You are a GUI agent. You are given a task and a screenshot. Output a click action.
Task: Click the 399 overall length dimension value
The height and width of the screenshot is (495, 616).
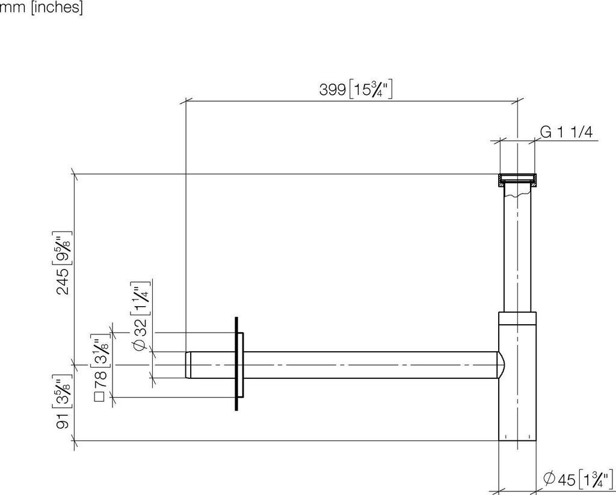(x=332, y=90)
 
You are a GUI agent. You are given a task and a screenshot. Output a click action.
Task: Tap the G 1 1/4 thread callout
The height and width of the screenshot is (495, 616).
(x=566, y=132)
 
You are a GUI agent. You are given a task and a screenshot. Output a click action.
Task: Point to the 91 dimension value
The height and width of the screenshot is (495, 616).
(x=63, y=421)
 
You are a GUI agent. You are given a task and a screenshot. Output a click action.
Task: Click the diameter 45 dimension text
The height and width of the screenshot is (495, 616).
(x=560, y=479)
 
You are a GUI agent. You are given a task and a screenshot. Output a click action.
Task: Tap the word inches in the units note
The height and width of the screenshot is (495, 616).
(x=57, y=7)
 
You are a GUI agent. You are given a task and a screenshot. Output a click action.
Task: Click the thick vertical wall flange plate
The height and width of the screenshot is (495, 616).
(x=236, y=363)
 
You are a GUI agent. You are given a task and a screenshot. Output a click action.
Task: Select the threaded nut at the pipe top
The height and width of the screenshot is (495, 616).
(x=517, y=180)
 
